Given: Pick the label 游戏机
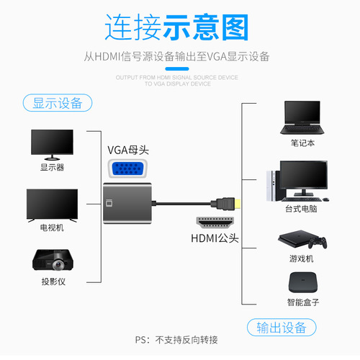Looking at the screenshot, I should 302,258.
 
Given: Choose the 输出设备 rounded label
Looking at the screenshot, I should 283,328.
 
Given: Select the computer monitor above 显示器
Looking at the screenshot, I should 53,144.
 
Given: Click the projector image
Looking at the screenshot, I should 52,261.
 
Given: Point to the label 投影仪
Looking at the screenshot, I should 52,282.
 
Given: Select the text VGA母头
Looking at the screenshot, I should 127,150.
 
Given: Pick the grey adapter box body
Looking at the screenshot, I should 130,205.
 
